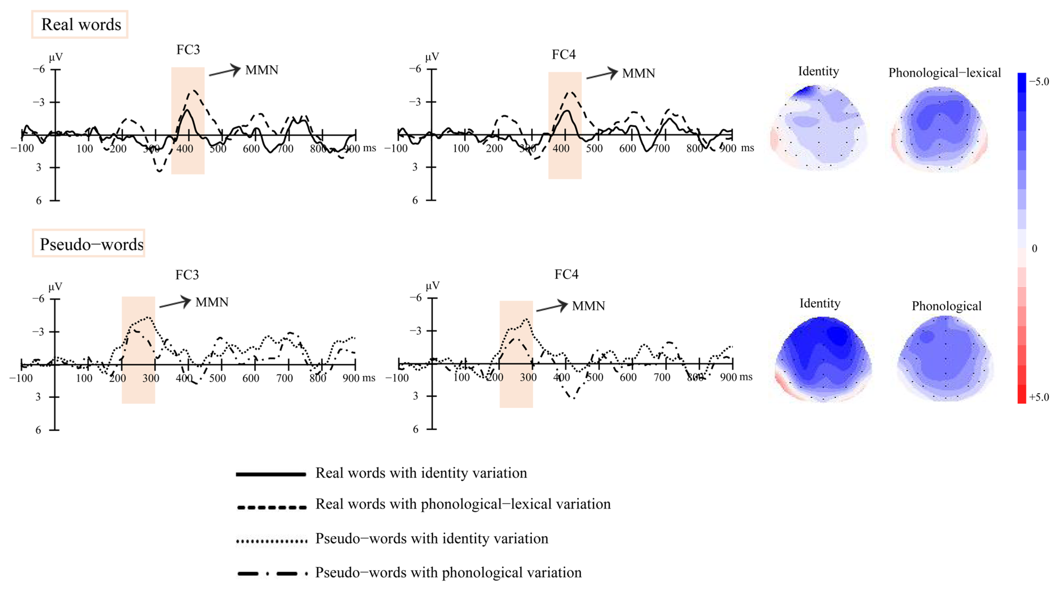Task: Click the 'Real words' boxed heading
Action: [x=81, y=25]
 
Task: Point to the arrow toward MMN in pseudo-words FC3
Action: [x=175, y=303]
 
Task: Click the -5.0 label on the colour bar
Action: [x=1039, y=82]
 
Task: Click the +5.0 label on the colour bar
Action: [x=1039, y=397]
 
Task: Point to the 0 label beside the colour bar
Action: [x=1034, y=248]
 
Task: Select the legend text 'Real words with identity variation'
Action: [x=421, y=473]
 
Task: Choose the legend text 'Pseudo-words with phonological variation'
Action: [x=448, y=573]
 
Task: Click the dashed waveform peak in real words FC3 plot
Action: [x=194, y=91]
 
